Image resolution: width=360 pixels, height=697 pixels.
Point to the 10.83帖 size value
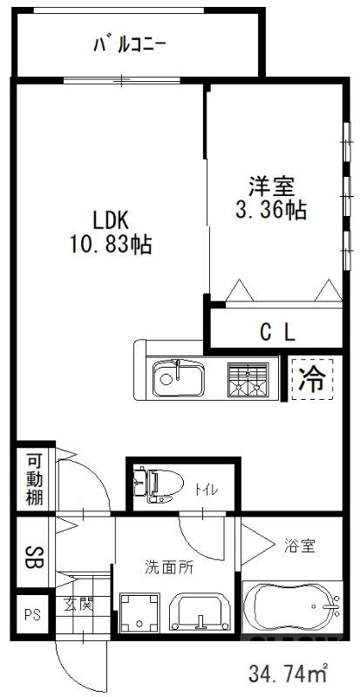point(111,245)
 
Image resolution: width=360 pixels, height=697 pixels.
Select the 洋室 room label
point(273,186)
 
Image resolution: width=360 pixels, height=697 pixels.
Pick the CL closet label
point(278,331)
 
